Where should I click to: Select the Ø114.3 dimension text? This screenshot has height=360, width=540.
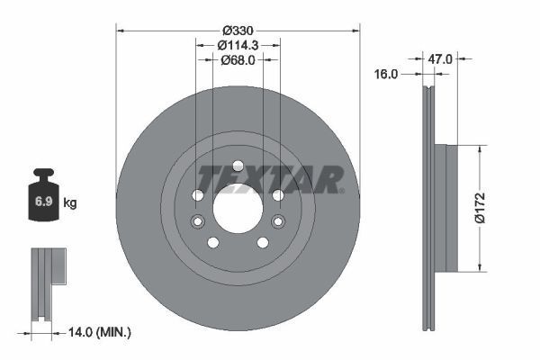238,44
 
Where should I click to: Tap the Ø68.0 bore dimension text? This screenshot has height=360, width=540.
238,60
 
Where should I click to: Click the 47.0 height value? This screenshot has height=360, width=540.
439,59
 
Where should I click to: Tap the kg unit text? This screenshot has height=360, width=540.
70,203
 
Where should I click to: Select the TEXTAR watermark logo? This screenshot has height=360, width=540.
270,178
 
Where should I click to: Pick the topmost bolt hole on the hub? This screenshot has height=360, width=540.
238,166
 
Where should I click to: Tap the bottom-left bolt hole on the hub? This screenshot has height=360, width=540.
213,242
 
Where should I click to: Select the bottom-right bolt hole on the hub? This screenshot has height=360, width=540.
262,242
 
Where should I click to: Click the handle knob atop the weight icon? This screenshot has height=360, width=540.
42,173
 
